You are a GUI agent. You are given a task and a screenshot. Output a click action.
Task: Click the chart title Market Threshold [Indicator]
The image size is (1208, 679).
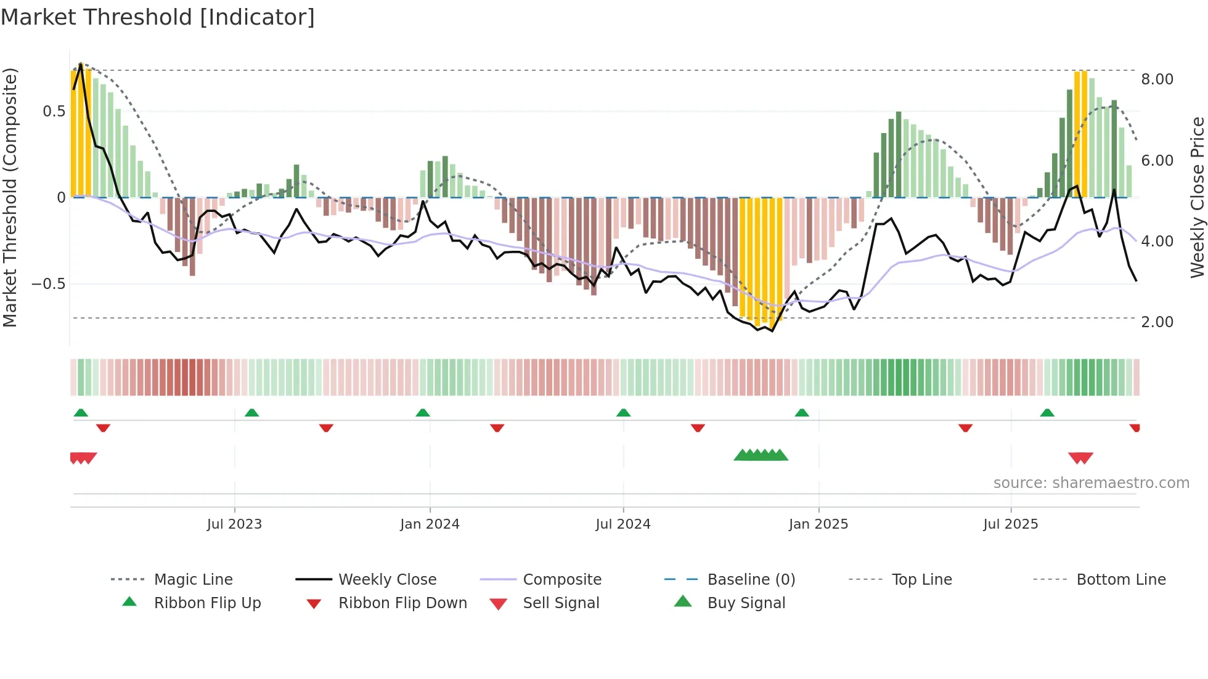158,17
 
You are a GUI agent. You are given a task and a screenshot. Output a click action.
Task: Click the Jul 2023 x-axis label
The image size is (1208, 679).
234,524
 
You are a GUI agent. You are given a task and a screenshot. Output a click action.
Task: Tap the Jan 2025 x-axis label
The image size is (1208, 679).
818,524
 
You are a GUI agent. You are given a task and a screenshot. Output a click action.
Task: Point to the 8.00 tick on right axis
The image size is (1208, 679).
1157,79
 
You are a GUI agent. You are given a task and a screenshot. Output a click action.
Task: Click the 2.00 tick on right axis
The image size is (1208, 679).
1157,322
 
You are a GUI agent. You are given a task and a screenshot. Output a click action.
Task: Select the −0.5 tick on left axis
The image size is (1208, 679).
48,284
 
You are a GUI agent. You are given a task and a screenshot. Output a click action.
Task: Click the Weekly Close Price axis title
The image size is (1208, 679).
1197,197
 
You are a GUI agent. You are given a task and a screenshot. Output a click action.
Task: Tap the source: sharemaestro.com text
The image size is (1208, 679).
1091,483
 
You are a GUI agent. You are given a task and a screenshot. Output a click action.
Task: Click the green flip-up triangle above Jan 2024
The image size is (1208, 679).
423,413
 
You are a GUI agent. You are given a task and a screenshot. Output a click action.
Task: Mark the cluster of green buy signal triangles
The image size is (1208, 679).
761,455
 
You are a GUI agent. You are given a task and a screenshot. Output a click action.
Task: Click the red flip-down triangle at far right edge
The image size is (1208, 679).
1135,428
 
